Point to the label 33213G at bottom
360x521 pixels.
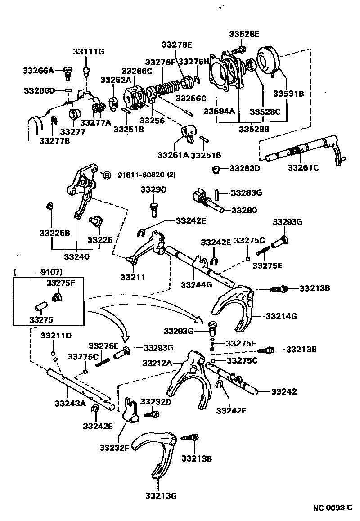click(161, 496)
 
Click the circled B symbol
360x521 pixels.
click(107, 175)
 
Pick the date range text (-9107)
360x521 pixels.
click(38, 272)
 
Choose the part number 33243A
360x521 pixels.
click(70, 403)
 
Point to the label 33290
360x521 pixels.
click(153, 190)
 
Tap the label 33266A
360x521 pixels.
click(38, 71)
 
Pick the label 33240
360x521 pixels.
click(76, 257)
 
